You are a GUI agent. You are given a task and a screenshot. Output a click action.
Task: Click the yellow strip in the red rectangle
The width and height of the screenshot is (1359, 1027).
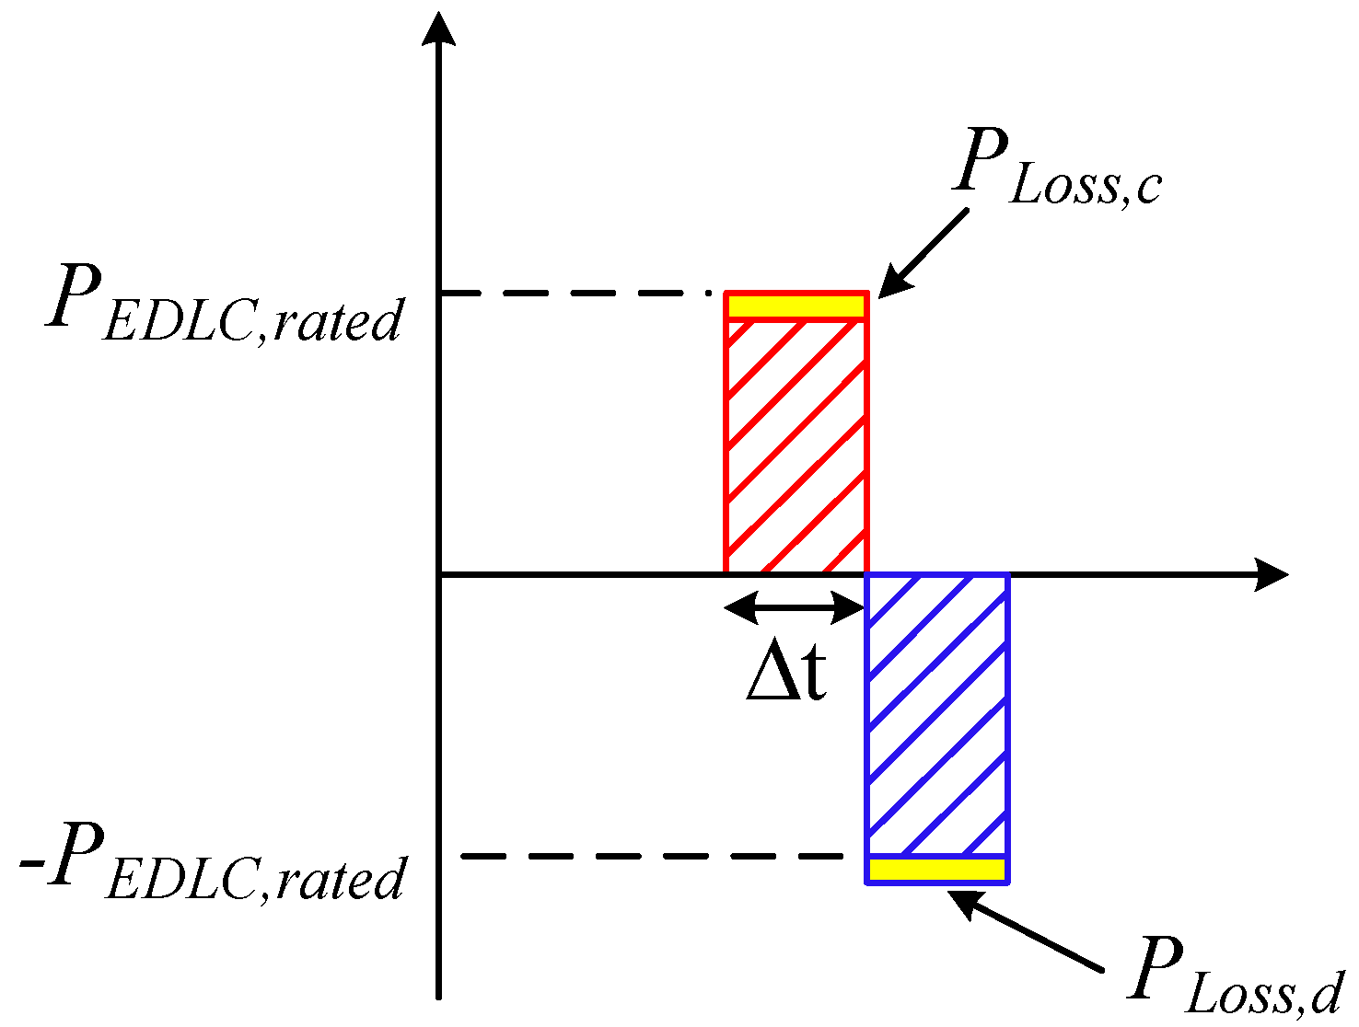796,306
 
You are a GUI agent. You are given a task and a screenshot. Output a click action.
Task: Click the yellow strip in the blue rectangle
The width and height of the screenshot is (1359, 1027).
936,870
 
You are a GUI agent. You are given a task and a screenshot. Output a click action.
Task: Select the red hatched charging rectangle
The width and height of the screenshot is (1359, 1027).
796,433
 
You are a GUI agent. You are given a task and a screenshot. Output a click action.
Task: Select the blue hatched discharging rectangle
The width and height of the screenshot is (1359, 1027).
937,730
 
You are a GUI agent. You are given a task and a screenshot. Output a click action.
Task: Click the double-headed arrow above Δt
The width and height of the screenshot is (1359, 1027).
794,607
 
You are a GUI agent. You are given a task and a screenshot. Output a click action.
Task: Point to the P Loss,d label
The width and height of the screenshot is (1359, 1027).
1233,976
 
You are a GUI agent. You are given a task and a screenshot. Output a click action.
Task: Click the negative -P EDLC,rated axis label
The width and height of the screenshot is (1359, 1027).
212,862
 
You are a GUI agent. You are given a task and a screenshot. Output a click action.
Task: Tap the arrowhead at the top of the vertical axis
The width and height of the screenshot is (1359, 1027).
438,28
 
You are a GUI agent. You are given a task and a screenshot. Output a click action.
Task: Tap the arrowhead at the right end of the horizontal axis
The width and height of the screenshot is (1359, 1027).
1272,575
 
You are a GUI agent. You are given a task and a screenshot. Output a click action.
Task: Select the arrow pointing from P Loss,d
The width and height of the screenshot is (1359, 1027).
1026,931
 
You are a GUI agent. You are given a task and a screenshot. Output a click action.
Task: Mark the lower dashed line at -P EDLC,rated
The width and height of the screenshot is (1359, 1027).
652,856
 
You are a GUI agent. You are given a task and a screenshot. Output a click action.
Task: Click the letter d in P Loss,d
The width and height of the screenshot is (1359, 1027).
1324,992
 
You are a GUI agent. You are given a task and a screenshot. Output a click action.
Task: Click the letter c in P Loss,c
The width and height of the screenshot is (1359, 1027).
1148,189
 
